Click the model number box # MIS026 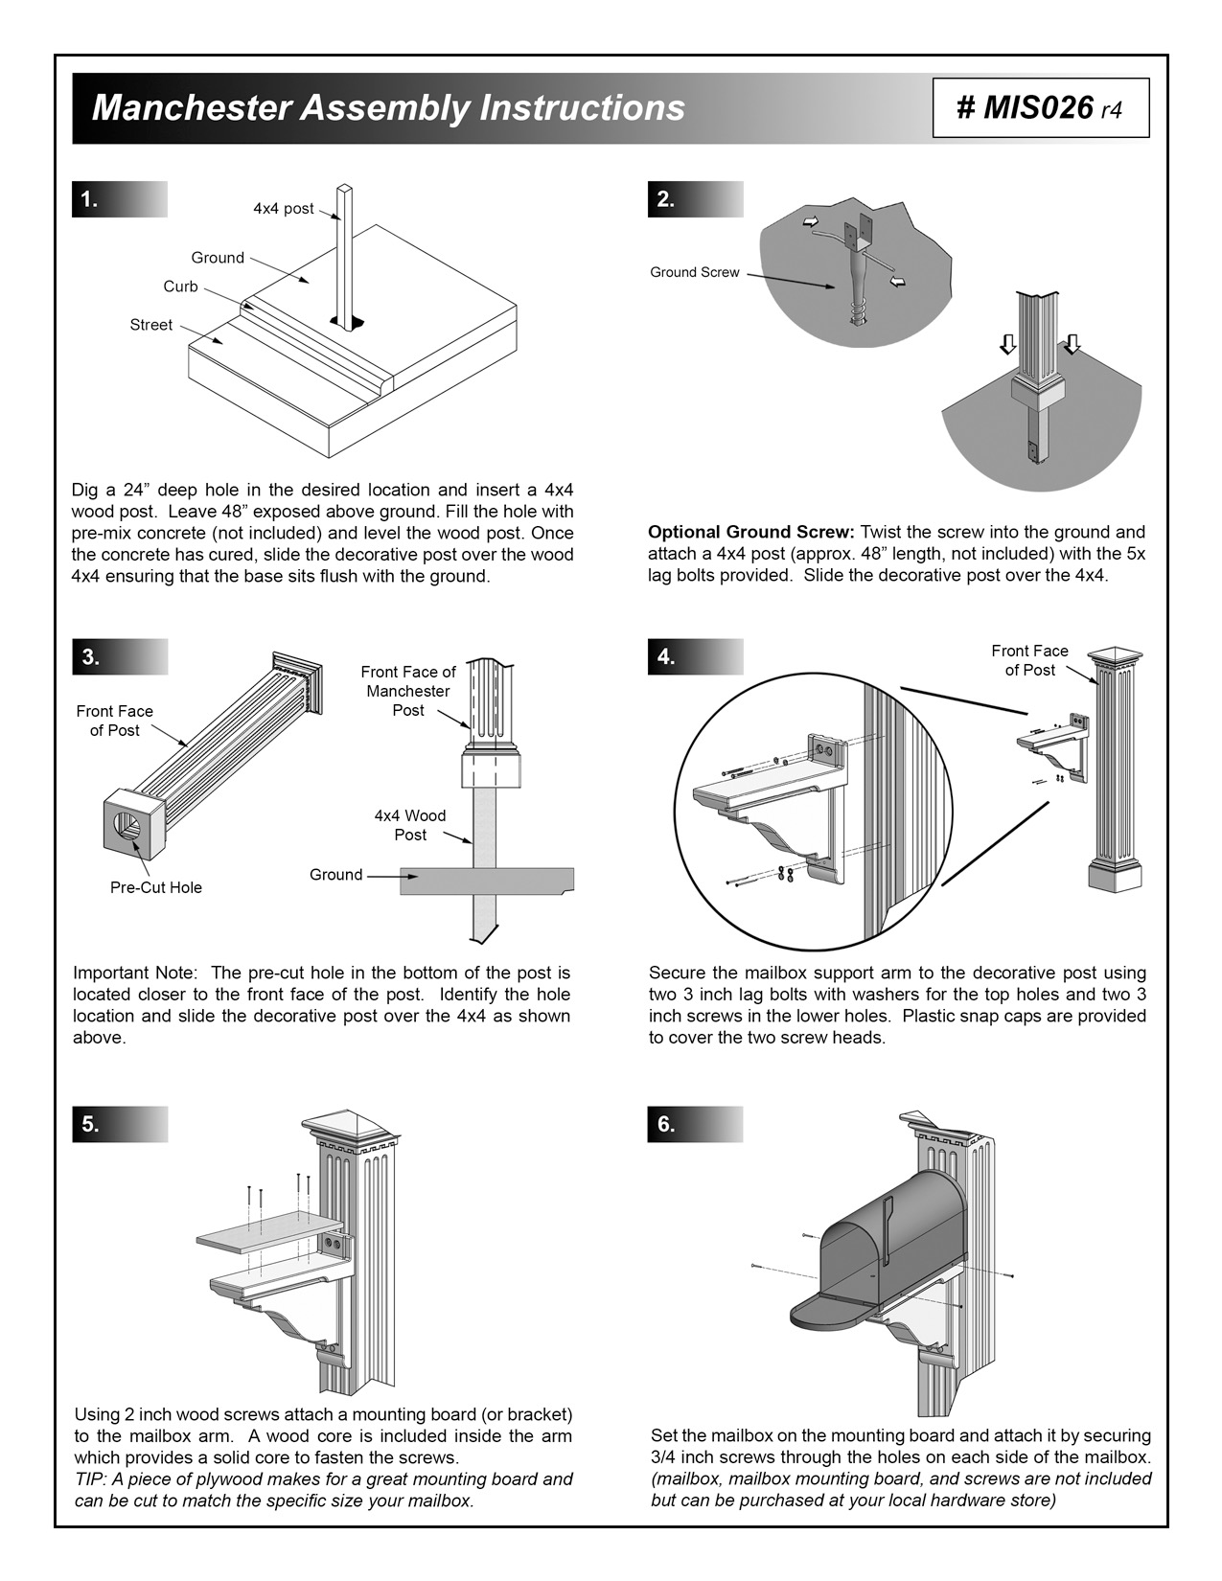pyautogui.click(x=1040, y=108)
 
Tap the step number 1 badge pyautogui.click(x=90, y=199)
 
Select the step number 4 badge pyautogui.click(x=666, y=657)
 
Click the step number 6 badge pyautogui.click(x=666, y=1124)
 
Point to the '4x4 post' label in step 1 pyautogui.click(x=283, y=209)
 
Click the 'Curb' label pyautogui.click(x=180, y=286)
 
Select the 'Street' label pyautogui.click(x=151, y=325)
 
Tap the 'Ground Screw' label pyautogui.click(x=694, y=272)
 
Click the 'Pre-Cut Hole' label pyautogui.click(x=156, y=887)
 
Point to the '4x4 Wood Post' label pyautogui.click(x=410, y=825)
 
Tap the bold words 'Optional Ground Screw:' pyautogui.click(x=751, y=532)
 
